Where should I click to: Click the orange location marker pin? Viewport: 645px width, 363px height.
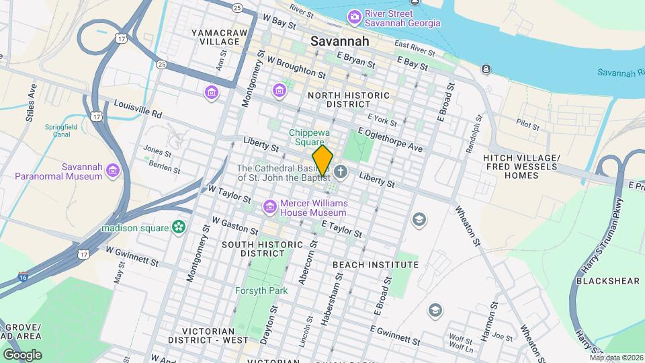tap(323, 160)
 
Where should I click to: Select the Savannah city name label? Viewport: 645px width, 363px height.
tap(340, 41)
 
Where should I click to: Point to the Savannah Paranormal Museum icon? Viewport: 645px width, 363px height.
tap(112, 172)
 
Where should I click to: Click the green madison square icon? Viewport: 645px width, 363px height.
tap(179, 228)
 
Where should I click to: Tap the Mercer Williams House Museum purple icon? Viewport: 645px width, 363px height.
tap(270, 206)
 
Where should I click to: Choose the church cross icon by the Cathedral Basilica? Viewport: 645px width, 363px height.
tap(341, 173)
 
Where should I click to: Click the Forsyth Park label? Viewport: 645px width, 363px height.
tap(261, 290)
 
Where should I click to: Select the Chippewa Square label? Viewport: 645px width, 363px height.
tap(309, 138)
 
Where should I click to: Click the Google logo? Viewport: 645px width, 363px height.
tap(22, 354)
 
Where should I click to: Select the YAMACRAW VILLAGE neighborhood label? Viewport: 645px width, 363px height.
tap(215, 37)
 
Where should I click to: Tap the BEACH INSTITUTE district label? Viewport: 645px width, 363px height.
tap(376, 265)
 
